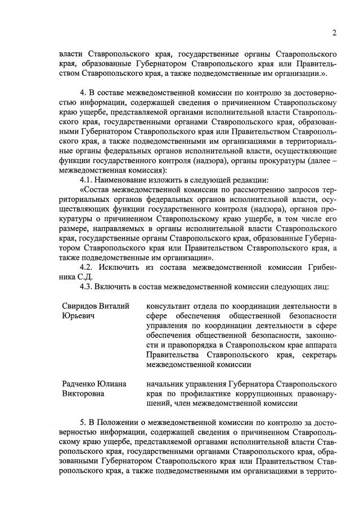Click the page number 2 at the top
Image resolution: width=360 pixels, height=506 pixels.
coord(334,33)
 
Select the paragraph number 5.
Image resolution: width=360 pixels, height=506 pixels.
coord(82,422)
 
